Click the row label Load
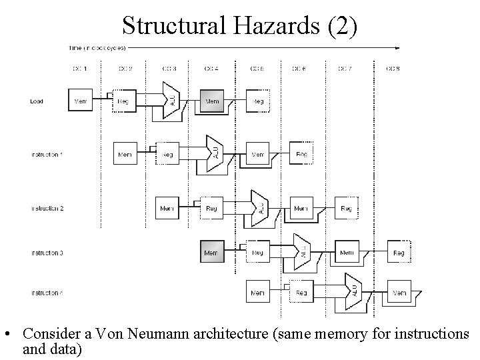point(37,101)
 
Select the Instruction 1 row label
point(47,155)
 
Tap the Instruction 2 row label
point(47,209)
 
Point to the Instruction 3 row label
point(47,253)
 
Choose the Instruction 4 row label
point(47,293)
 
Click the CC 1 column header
point(80,69)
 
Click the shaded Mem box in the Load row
point(212,101)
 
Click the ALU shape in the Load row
point(171,100)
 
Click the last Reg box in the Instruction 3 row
point(399,253)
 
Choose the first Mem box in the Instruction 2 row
point(167,209)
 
